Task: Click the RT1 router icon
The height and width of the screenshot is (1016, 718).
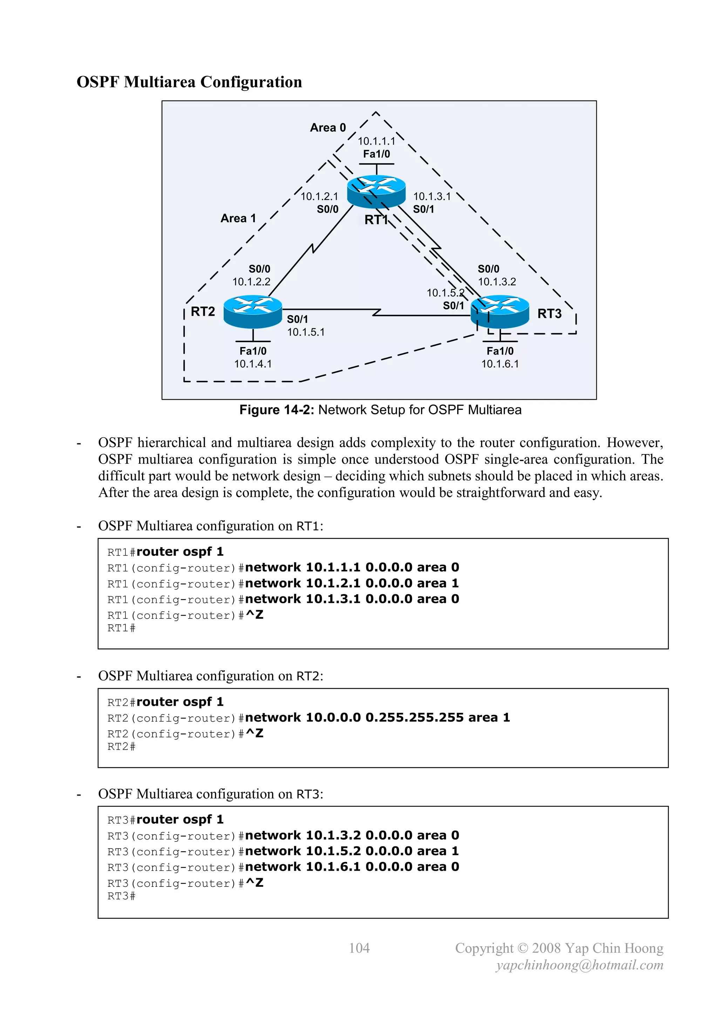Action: [x=376, y=191]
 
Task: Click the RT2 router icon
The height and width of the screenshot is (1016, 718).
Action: [x=252, y=312]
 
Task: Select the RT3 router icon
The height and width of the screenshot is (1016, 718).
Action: [x=500, y=312]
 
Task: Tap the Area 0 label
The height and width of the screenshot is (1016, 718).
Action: [x=327, y=128]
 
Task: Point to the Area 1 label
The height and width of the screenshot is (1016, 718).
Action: [x=238, y=218]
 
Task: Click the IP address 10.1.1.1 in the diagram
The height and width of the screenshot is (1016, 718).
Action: [x=376, y=141]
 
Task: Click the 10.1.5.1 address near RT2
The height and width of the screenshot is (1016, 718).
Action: [x=305, y=332]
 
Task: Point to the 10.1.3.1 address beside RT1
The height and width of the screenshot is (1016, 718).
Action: [x=432, y=197]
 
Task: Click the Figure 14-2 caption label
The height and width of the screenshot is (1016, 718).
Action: [x=276, y=410]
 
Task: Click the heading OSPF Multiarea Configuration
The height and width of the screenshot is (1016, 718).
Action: [x=189, y=82]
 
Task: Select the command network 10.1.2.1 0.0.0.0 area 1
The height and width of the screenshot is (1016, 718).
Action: [x=352, y=583]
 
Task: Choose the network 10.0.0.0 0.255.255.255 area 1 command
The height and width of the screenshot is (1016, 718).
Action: [x=377, y=717]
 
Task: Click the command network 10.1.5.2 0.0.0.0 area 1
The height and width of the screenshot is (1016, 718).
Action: [x=352, y=851]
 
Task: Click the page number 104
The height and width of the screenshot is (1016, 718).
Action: [x=359, y=948]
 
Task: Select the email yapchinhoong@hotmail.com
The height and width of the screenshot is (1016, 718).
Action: [x=579, y=965]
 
